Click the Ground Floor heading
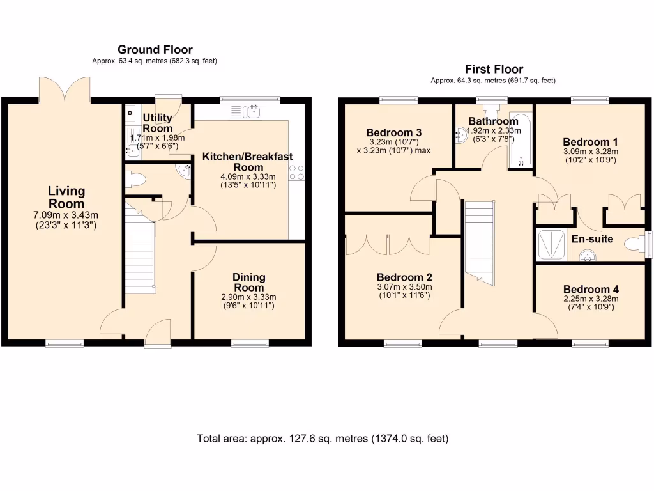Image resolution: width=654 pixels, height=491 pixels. click(x=155, y=50)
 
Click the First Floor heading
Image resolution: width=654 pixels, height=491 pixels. click(x=494, y=69)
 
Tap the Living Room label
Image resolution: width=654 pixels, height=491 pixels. click(x=66, y=197)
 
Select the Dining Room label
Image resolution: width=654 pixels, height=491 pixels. click(x=248, y=282)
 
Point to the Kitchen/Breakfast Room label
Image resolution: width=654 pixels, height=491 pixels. click(x=247, y=161)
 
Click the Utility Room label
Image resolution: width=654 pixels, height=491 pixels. click(x=157, y=123)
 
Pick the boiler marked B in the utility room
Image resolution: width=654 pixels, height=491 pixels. click(x=130, y=114)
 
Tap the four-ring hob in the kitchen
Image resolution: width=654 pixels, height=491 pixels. click(x=296, y=172)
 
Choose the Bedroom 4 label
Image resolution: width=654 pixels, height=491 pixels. click(x=590, y=289)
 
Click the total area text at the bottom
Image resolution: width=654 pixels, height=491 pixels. click(x=323, y=439)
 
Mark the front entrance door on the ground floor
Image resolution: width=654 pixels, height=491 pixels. click(x=156, y=332)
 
